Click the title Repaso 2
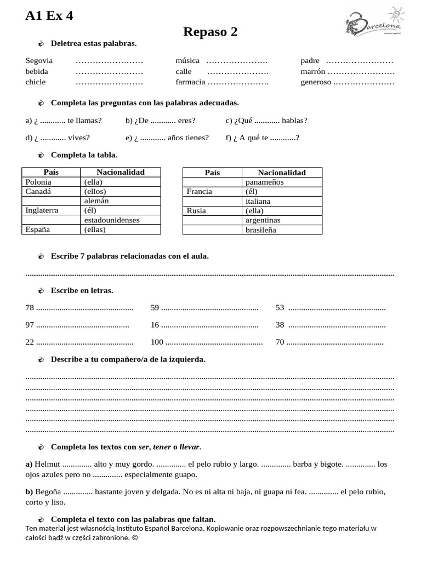(x=210, y=32)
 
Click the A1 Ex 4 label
(x=49, y=16)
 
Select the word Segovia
(x=39, y=61)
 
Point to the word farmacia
(x=190, y=82)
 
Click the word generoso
(x=316, y=82)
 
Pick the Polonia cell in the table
(x=38, y=182)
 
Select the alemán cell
(x=96, y=201)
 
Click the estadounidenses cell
(x=112, y=220)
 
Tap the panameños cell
(x=265, y=182)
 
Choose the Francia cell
(x=199, y=191)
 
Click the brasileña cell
(x=261, y=230)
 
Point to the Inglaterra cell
(x=42, y=210)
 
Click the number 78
(x=30, y=308)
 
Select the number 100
(x=157, y=342)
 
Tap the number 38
(x=280, y=325)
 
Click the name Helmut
(x=48, y=464)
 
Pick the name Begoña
(x=48, y=492)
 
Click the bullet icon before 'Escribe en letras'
(x=41, y=290)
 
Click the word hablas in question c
(x=294, y=121)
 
